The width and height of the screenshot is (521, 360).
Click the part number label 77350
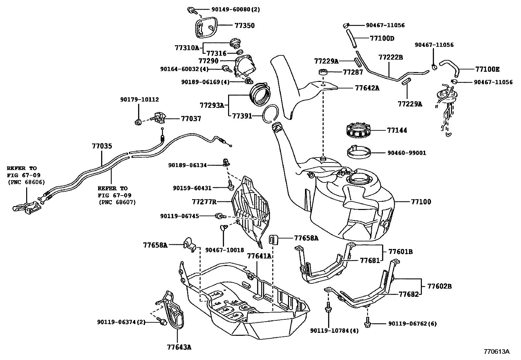[x=245, y=26]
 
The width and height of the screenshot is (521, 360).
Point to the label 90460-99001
[x=407, y=153]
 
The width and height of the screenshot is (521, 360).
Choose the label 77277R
[x=204, y=201]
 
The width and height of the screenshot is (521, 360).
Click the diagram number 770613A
[x=497, y=352]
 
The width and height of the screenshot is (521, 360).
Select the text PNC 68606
[x=26, y=182]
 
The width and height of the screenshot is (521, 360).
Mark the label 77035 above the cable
[x=101, y=146]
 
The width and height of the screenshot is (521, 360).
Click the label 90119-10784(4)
[x=334, y=331]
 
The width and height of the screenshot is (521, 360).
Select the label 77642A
[x=367, y=88]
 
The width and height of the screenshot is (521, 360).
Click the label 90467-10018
[x=225, y=250]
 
